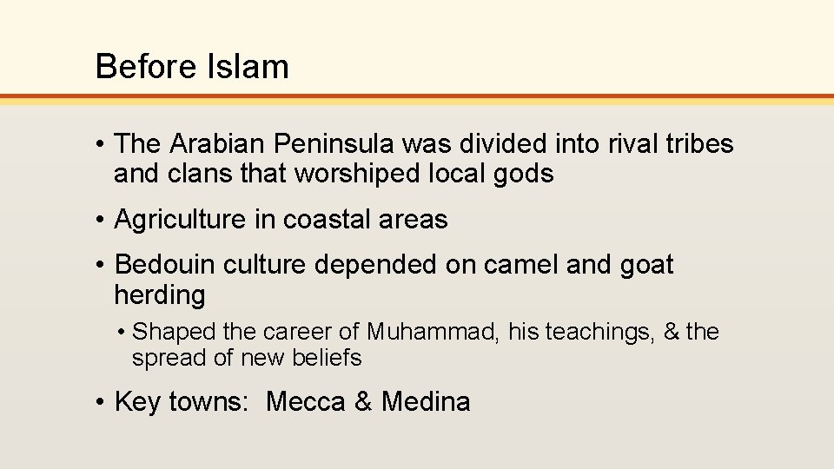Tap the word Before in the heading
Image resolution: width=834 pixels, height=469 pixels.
[139, 66]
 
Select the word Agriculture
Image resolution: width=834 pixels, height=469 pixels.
[180, 220]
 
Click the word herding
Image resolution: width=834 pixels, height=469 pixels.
[160, 295]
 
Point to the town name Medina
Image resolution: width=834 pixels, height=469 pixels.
[426, 401]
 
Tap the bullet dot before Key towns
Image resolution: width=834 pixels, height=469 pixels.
[102, 402]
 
